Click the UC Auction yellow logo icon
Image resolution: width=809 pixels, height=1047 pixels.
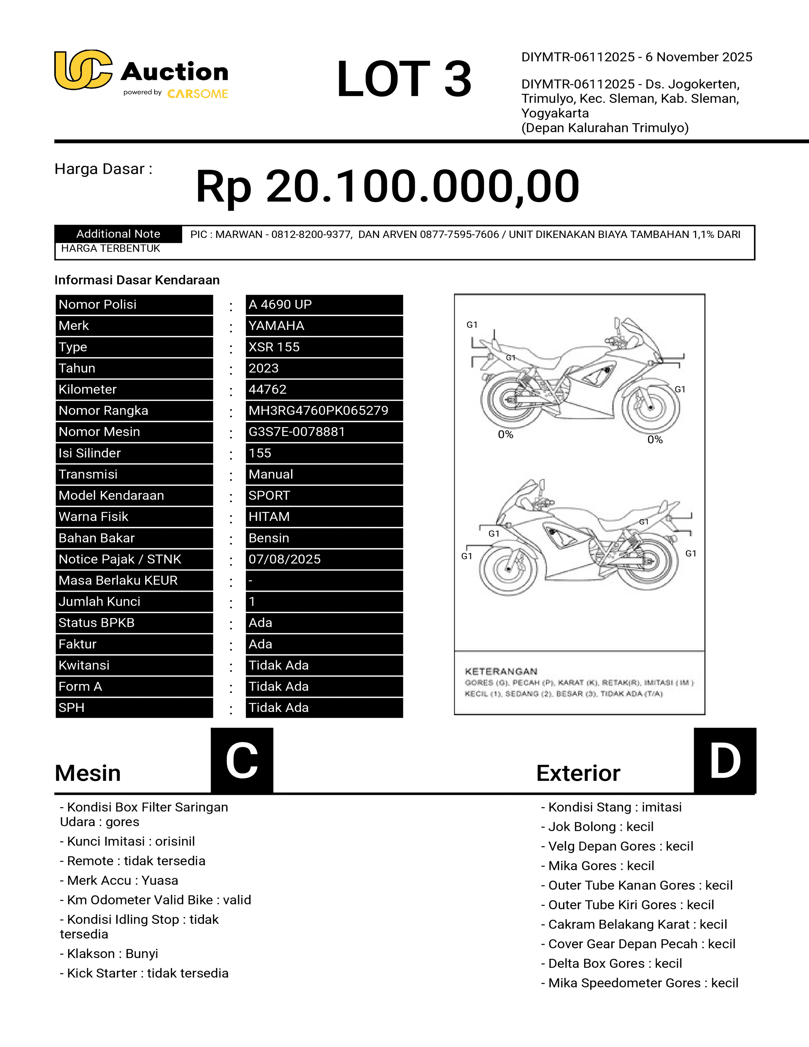83,70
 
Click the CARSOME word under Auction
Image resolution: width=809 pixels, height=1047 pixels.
197,94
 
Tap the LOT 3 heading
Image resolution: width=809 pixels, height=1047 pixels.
404,79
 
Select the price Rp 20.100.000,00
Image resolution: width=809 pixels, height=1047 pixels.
387,186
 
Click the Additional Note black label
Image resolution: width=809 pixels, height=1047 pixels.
118,234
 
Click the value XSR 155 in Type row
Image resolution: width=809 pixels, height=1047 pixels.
274,347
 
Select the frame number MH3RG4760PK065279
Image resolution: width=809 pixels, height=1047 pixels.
318,410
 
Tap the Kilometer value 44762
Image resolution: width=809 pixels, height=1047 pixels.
267,389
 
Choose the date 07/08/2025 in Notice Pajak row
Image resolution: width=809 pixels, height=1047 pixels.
285,559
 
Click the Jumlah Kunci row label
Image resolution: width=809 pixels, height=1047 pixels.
99,602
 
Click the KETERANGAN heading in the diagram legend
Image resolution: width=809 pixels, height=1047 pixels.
501,671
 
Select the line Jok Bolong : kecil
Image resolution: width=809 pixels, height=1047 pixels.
597,827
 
